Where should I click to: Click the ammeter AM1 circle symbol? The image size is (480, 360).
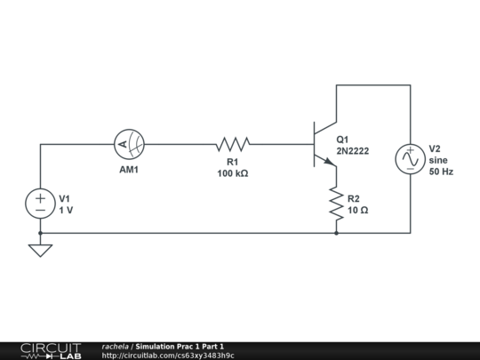coord(130,144)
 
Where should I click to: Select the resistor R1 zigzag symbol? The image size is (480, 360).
coord(232,144)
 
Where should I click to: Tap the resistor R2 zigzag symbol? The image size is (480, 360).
coord(336,204)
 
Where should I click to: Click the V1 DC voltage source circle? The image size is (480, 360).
coord(41,204)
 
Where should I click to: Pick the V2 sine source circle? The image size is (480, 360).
coord(410,159)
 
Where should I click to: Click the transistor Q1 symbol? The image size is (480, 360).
coord(324,144)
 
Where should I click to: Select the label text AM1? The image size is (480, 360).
coord(130,169)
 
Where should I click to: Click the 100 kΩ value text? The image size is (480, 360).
coord(232,174)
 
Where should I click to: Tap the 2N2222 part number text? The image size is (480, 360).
coord(352,151)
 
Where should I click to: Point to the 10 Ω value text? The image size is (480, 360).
coord(358,211)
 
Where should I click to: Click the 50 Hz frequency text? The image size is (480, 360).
coord(441,172)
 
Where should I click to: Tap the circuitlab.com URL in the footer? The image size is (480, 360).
coord(168,356)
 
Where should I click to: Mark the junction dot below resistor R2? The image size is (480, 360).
coord(336,233)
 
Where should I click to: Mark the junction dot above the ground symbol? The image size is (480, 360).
coord(41,233)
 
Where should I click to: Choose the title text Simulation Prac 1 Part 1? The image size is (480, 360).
coord(180,346)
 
